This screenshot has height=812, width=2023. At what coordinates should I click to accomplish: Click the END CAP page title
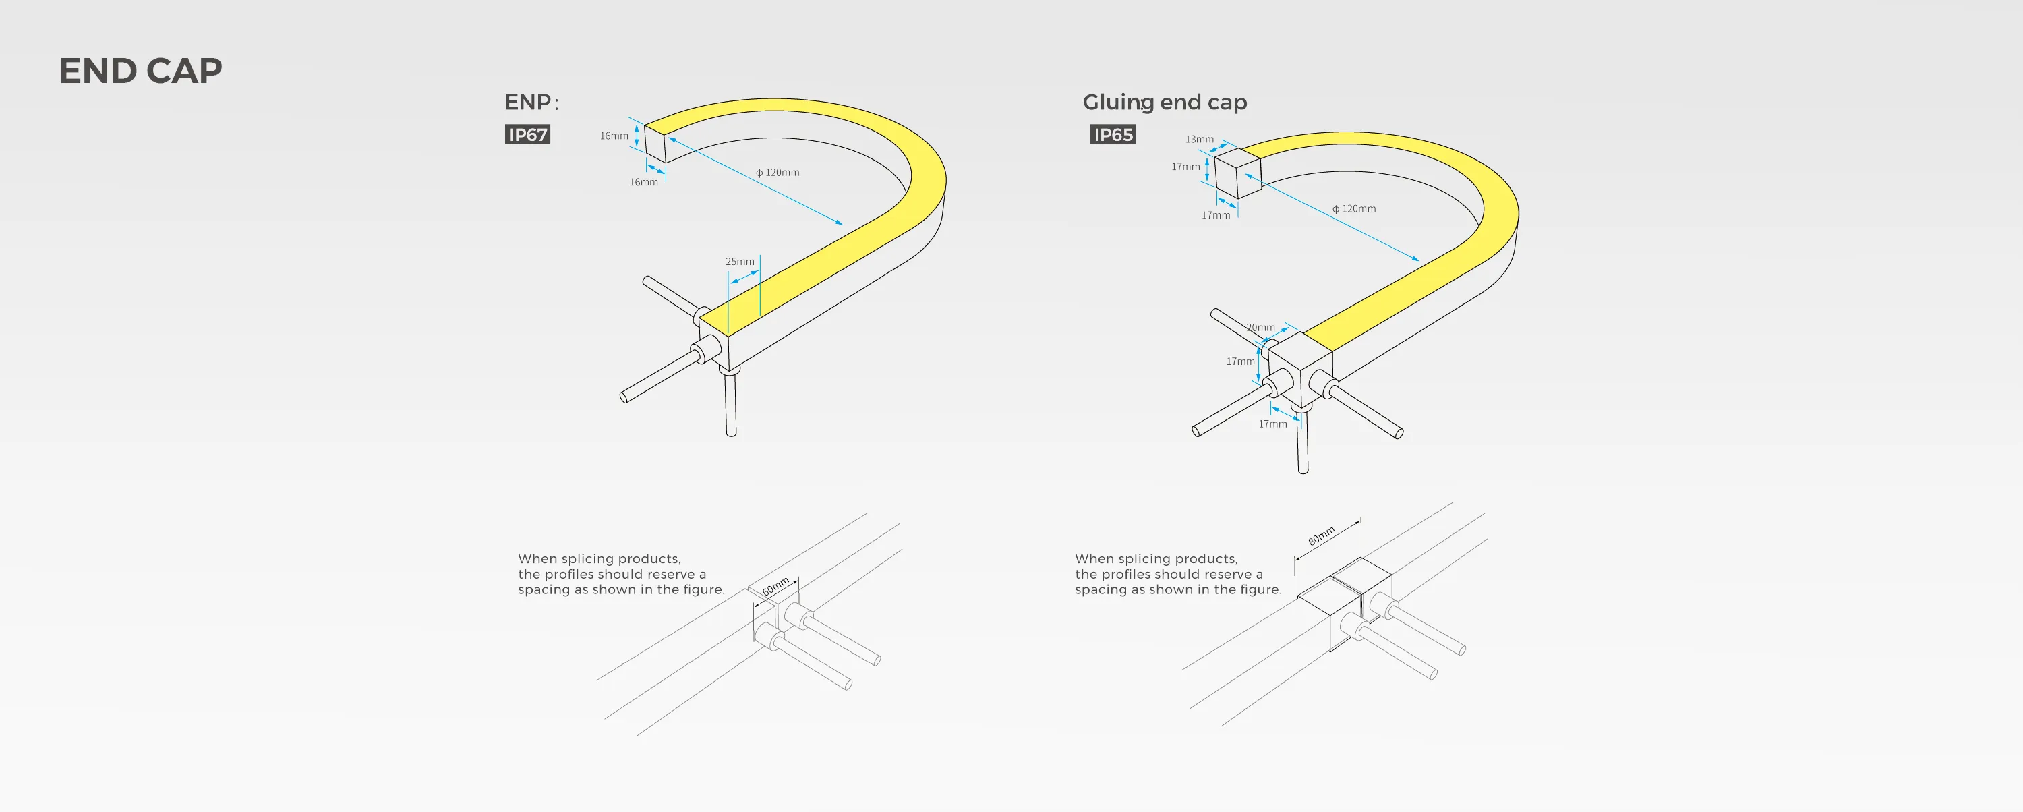[x=140, y=71]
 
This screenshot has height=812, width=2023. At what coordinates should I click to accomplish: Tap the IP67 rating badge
[x=527, y=134]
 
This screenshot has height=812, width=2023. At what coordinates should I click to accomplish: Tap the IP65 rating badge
[x=1113, y=134]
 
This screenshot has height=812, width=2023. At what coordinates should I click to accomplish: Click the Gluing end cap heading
[x=1164, y=102]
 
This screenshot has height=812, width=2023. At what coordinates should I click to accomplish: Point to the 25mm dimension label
[x=739, y=262]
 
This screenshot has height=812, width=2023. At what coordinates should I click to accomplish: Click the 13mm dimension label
[x=1199, y=139]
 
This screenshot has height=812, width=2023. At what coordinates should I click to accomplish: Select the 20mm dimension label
[x=1260, y=328]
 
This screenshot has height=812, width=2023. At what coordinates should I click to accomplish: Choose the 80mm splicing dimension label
[x=1321, y=535]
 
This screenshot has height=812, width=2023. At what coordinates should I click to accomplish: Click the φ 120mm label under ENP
[x=778, y=172]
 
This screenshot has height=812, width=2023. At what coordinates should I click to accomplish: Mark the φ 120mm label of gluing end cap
[x=1354, y=209]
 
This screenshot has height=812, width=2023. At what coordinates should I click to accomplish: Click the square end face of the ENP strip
[x=655, y=143]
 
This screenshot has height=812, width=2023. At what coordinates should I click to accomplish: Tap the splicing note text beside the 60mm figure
[x=620, y=574]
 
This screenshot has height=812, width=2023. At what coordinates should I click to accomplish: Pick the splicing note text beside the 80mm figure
[x=1177, y=574]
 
